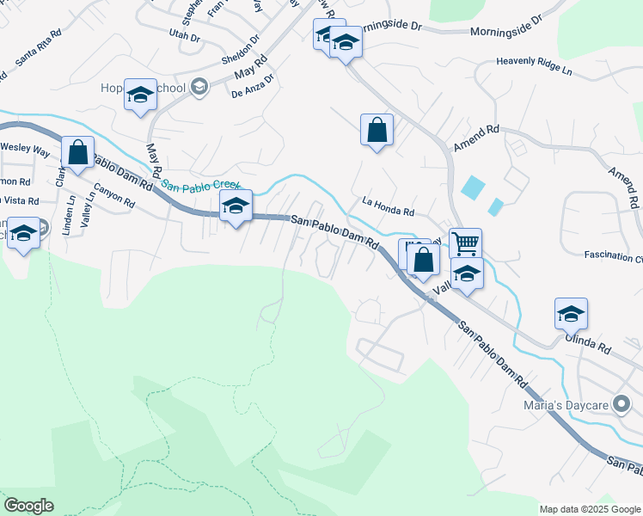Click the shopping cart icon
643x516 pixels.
tap(464, 243)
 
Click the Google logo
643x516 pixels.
tap(28, 506)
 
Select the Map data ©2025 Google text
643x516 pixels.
tap(590, 509)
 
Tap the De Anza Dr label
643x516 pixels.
tap(253, 87)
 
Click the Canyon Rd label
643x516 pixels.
tap(114, 198)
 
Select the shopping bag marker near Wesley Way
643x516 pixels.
tap(77, 152)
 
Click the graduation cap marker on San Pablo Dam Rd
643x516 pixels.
tap(236, 206)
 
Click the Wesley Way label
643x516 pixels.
tap(24, 148)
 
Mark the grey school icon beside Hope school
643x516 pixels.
tap(199, 86)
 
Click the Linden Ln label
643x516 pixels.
tap(70, 210)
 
